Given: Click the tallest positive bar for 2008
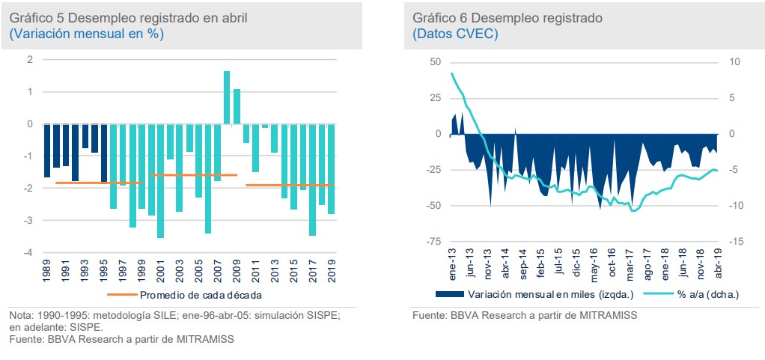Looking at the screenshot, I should click(227, 97).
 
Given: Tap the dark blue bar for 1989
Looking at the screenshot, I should click(47, 150).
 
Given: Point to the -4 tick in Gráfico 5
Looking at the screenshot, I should click(30, 252).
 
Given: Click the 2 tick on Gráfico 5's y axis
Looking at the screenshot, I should click(30, 59).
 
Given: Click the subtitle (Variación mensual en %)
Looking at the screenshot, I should click(86, 34).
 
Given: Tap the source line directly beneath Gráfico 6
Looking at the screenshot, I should click(525, 316).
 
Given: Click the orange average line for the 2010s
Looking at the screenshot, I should click(288, 185).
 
